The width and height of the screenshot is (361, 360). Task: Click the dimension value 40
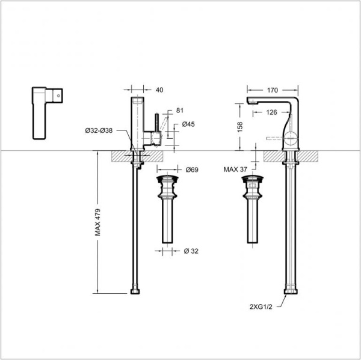pyautogui.click(x=159, y=90)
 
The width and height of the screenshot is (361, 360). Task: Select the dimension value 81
pyautogui.click(x=180, y=110)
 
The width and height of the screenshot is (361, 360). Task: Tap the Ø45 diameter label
pyautogui.click(x=188, y=125)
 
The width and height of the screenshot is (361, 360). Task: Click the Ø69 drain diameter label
pyautogui.click(x=192, y=170)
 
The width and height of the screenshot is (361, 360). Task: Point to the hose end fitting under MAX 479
pyautogui.click(x=137, y=292)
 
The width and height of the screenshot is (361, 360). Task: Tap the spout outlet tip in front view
pyautogui.click(x=252, y=104)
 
